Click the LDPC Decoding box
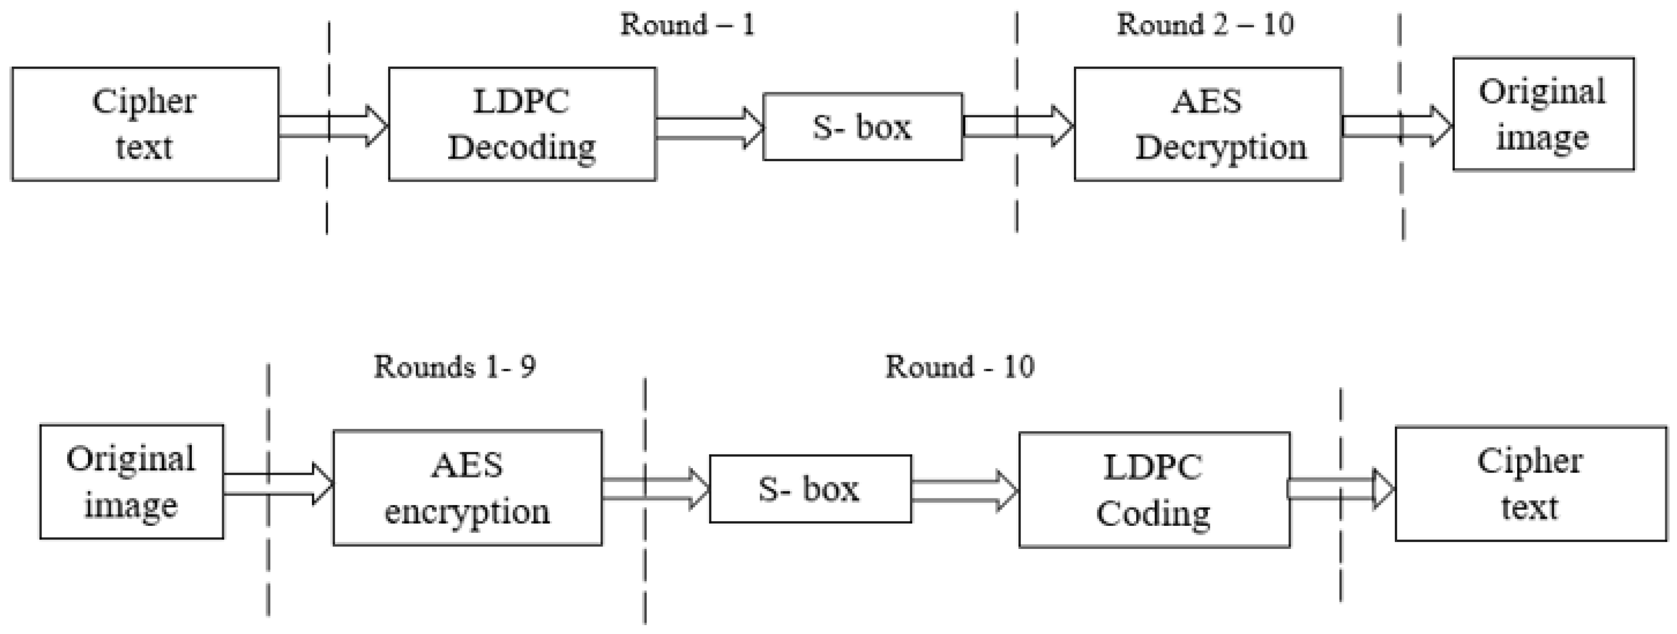point(522,124)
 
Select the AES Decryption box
point(1208,124)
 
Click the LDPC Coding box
point(1154,489)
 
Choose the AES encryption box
point(467,488)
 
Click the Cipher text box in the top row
point(145,124)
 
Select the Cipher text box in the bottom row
point(1530,484)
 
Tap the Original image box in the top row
point(1543,114)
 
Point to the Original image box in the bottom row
point(131,482)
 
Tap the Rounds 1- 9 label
point(454,367)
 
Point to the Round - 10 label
point(960,367)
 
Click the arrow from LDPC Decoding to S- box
point(709,128)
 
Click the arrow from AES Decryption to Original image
point(1396,126)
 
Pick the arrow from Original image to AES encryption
point(278,484)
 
